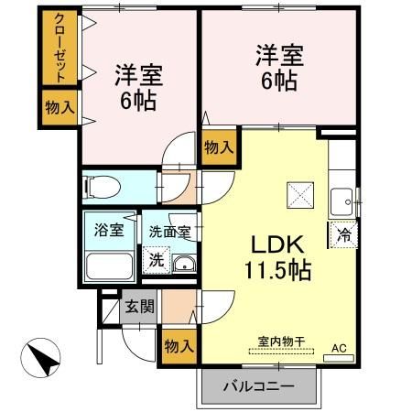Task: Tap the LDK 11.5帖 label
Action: (272, 258)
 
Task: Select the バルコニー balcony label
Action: (260, 386)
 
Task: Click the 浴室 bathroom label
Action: (108, 230)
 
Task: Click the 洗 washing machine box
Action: (157, 259)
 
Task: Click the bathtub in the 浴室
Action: (109, 267)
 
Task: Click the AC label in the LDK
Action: (339, 347)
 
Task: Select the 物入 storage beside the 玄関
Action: (179, 347)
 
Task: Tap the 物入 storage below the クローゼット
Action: (59, 107)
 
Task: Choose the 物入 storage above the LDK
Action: (218, 146)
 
